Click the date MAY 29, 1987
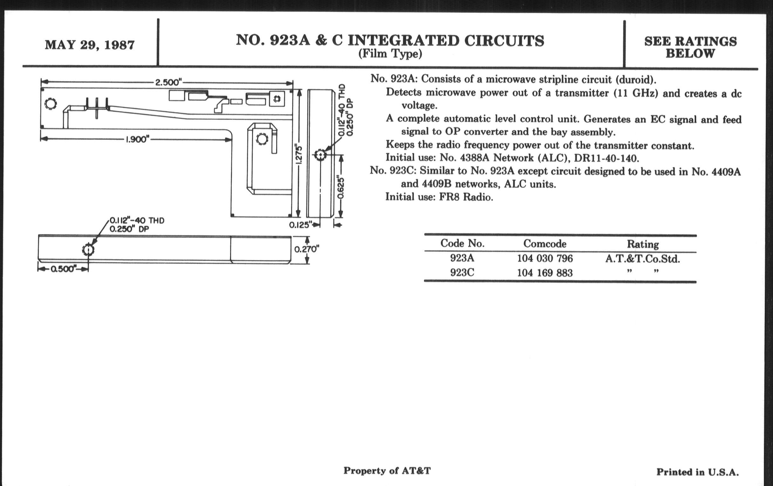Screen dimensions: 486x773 pos(90,45)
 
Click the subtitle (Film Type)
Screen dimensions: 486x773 pos(390,54)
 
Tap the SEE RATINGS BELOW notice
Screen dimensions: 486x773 pos(690,47)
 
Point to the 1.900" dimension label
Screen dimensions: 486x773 pos(137,139)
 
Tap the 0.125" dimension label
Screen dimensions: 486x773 pos(300,225)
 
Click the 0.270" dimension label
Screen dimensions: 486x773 pos(307,249)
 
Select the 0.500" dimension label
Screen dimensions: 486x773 pos(63,269)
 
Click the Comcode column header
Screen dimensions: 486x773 pos(544,244)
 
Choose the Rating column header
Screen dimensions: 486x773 pos(643,245)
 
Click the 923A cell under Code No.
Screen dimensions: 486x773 pos(462,258)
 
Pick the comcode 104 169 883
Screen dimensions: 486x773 pos(544,273)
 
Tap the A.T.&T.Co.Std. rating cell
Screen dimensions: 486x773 pos(643,259)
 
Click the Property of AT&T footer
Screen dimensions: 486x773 pos(387,471)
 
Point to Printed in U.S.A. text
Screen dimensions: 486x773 pos(697,472)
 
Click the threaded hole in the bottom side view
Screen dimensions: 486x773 pos(88,250)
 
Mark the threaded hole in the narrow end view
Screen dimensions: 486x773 pos(320,155)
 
